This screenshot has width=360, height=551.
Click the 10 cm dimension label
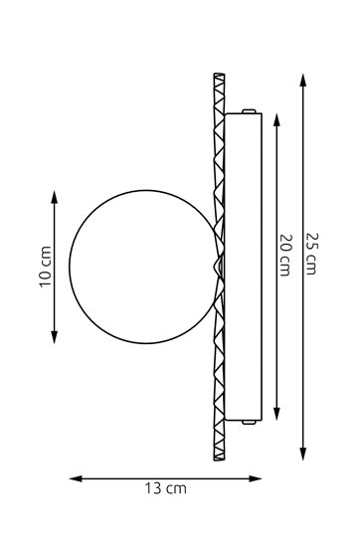click(x=46, y=267)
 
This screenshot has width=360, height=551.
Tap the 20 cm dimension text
click(x=285, y=255)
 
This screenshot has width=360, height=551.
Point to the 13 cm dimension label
click(x=166, y=488)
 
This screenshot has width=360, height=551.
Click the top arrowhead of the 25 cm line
click(x=303, y=80)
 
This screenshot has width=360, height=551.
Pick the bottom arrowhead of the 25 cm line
click(x=303, y=454)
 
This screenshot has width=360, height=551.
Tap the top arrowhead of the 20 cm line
click(x=276, y=120)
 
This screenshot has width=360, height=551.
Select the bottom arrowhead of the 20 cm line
click(x=276, y=414)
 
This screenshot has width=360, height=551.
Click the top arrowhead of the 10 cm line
click(x=54, y=197)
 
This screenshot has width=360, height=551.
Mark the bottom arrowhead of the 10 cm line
click(x=54, y=337)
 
